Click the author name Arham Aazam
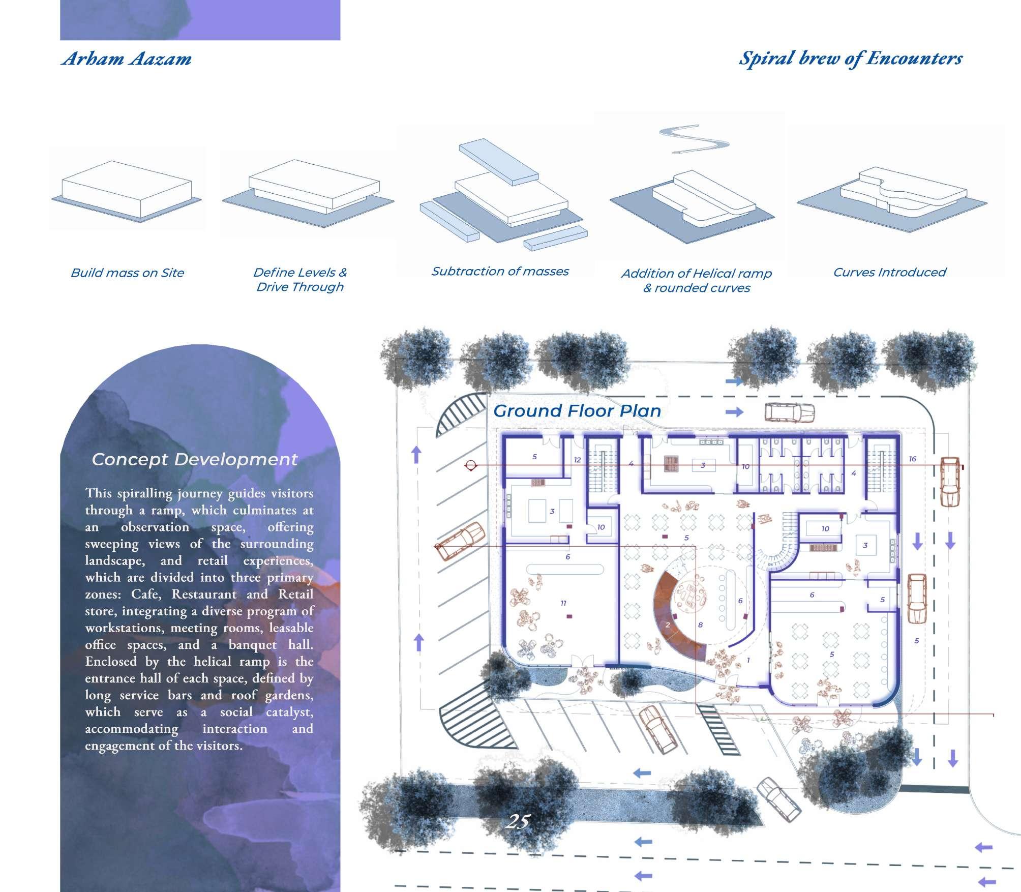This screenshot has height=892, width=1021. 127,59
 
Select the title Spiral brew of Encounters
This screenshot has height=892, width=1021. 850,58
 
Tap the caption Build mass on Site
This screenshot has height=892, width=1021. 127,273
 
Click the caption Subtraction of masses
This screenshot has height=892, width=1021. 500,272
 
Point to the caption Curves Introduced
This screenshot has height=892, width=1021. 889,273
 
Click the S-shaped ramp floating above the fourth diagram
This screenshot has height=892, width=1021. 694,138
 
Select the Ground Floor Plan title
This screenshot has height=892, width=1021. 577,411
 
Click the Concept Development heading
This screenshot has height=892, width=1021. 194,460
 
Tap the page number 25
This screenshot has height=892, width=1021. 518,821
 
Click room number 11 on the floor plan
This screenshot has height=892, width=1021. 563,603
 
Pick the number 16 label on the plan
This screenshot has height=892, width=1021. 912,459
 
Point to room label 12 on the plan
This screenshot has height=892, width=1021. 577,460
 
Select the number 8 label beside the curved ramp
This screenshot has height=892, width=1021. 700,625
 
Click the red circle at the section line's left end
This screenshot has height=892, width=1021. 471,465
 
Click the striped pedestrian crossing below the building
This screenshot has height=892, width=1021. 719,727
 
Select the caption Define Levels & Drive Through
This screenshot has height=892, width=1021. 300,280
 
